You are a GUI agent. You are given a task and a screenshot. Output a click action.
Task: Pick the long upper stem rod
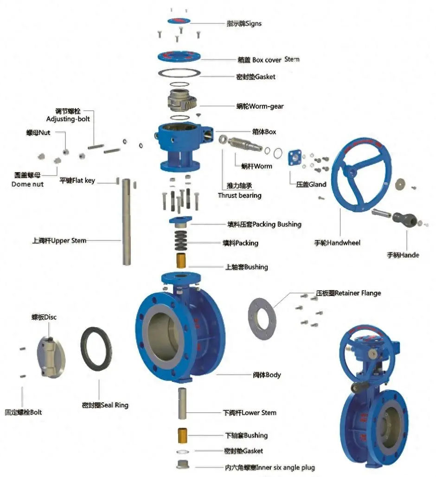tap(127, 222)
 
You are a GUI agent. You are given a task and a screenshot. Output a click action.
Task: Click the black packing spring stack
tap(182, 240)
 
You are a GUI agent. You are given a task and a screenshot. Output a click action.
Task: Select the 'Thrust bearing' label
tap(240, 195)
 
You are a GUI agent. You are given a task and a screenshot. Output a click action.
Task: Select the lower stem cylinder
tap(182, 405)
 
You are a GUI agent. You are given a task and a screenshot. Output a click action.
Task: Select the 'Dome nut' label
tap(27, 184)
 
